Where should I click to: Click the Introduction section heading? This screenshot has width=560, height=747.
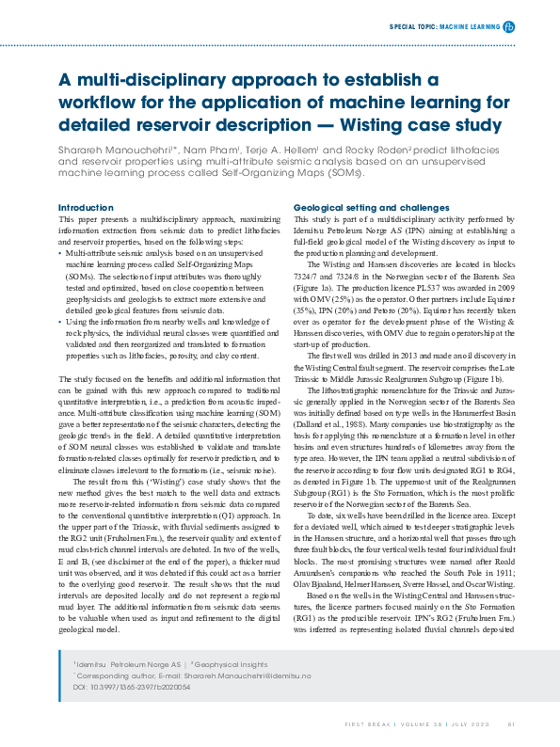point(87,207)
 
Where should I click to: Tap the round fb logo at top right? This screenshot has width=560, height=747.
point(509,27)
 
